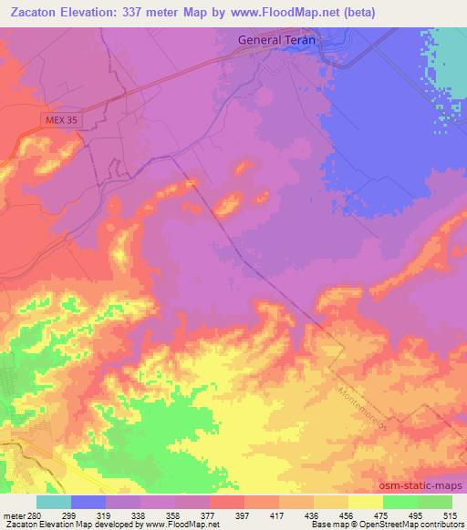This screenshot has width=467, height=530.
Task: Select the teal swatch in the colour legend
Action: coord(54,502)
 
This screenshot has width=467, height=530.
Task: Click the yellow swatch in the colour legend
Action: coord(365,502)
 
